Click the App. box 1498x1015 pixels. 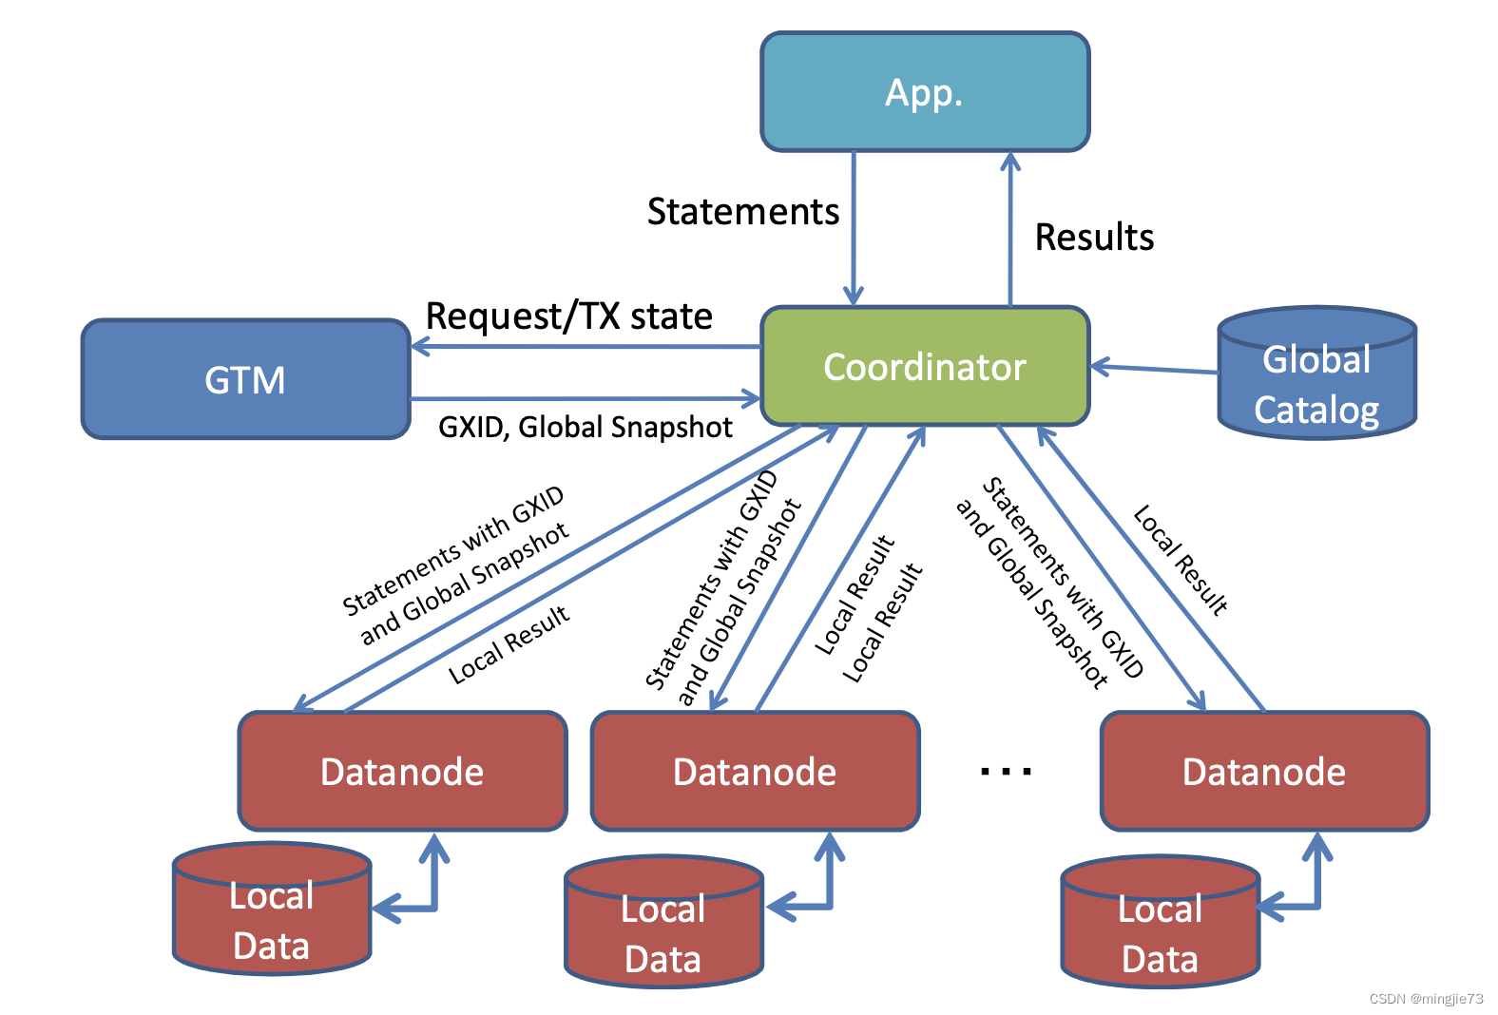click(x=924, y=92)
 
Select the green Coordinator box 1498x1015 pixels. click(x=924, y=366)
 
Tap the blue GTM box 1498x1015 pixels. click(x=245, y=379)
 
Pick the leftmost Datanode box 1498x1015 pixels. click(x=402, y=771)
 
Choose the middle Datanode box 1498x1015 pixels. click(x=755, y=771)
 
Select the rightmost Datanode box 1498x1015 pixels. click(x=1264, y=771)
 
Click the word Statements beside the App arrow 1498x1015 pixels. click(x=743, y=211)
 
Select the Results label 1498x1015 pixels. click(x=1094, y=237)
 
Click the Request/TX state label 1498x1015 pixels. click(x=568, y=316)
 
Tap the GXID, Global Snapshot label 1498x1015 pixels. click(x=585, y=427)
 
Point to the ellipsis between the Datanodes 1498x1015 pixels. click(x=1006, y=771)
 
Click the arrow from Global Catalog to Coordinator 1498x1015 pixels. click(x=1155, y=369)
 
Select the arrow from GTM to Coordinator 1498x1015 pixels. click(x=585, y=398)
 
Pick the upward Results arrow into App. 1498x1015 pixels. click(x=1010, y=228)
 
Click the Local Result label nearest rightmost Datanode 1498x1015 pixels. click(x=1181, y=561)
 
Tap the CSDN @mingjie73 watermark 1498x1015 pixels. click(x=1426, y=999)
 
